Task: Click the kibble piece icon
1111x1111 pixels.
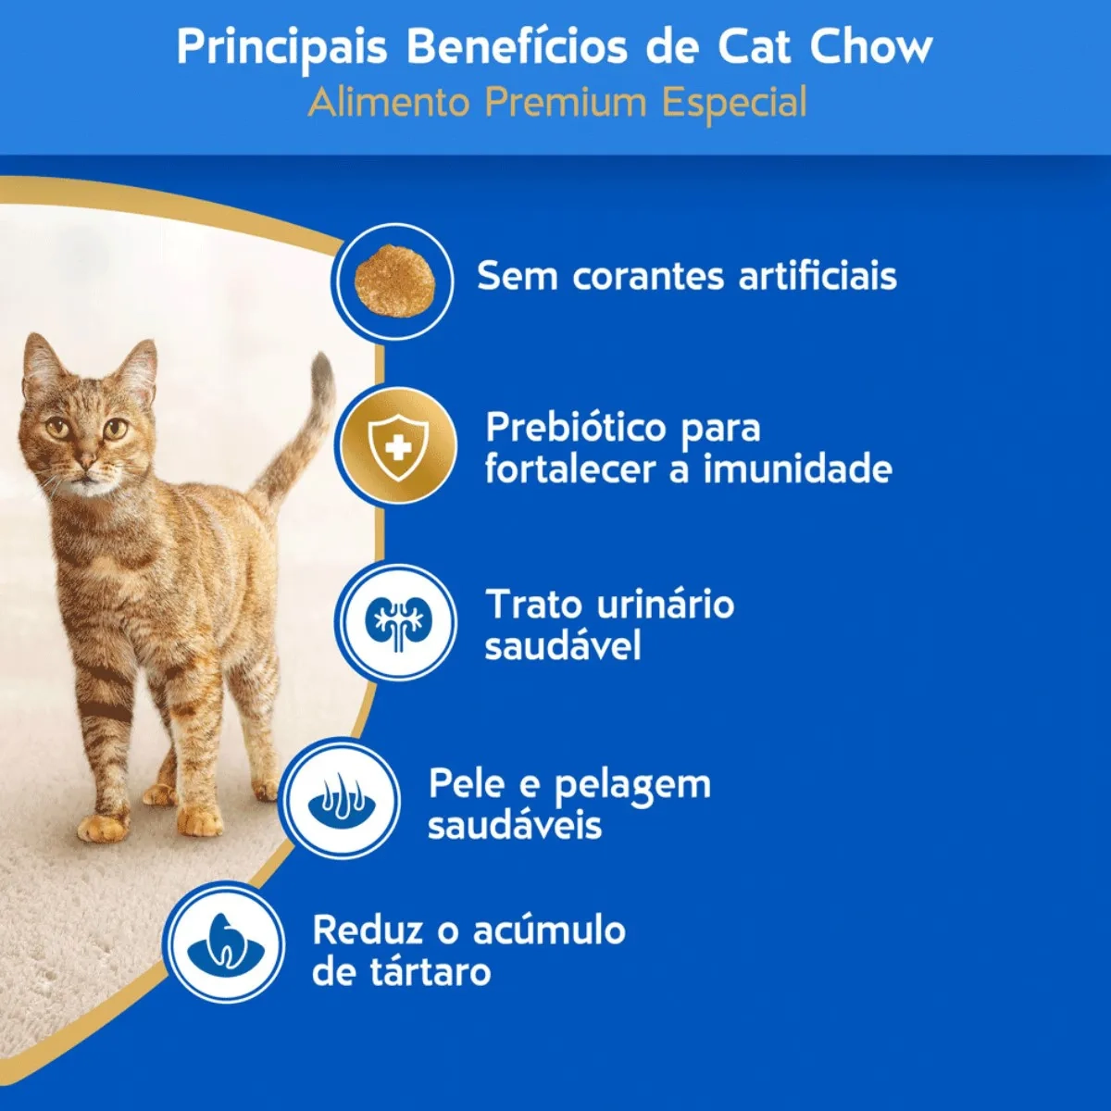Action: coord(395,281)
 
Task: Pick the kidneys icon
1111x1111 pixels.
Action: coord(398,624)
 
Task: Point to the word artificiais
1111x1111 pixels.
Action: coord(818,276)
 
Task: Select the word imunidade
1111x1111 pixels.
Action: coord(798,468)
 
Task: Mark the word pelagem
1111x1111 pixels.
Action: coord(632,786)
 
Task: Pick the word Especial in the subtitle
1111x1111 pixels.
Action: coord(733,104)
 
